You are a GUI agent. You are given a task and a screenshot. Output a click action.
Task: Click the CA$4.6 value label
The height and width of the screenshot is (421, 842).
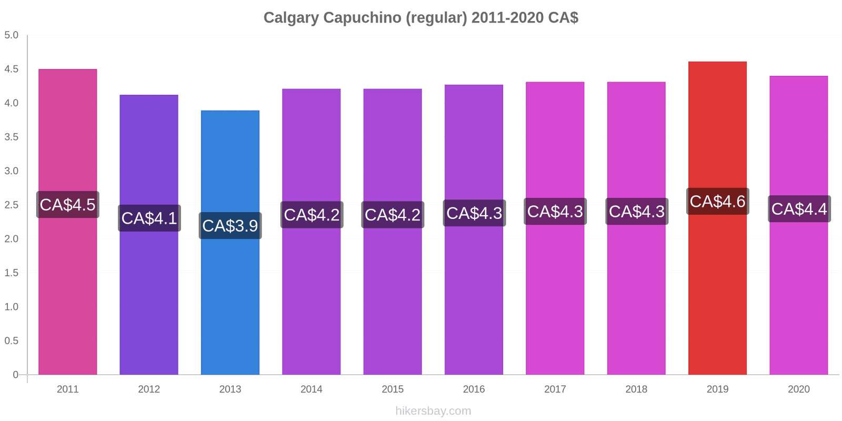[718, 202]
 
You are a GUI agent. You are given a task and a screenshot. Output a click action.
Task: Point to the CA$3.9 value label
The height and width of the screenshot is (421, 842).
[230, 226]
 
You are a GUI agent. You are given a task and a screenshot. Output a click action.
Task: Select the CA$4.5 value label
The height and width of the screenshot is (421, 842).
[68, 205]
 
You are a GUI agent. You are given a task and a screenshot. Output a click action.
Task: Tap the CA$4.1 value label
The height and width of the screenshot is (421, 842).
[149, 218]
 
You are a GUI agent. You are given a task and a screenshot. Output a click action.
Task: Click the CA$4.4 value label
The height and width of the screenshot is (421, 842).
[799, 208]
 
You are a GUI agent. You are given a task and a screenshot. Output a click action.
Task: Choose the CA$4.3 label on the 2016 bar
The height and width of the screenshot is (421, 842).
[474, 213]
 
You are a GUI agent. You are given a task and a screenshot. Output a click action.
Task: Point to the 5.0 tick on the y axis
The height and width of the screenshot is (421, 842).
[11, 35]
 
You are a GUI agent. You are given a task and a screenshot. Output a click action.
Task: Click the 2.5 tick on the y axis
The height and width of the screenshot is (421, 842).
[11, 205]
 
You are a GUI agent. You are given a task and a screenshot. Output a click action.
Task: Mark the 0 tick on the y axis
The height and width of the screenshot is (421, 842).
[15, 374]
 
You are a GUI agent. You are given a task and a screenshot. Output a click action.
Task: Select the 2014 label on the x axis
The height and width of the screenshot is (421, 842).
[311, 389]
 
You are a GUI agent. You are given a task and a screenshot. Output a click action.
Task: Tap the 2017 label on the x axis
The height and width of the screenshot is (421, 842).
[555, 389]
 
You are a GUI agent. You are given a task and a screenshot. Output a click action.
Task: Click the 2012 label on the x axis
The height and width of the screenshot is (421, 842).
[149, 389]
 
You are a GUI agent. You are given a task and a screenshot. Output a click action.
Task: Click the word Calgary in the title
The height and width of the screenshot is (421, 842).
[291, 18]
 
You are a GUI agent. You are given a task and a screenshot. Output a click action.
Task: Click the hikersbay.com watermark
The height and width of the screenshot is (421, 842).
[433, 410]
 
